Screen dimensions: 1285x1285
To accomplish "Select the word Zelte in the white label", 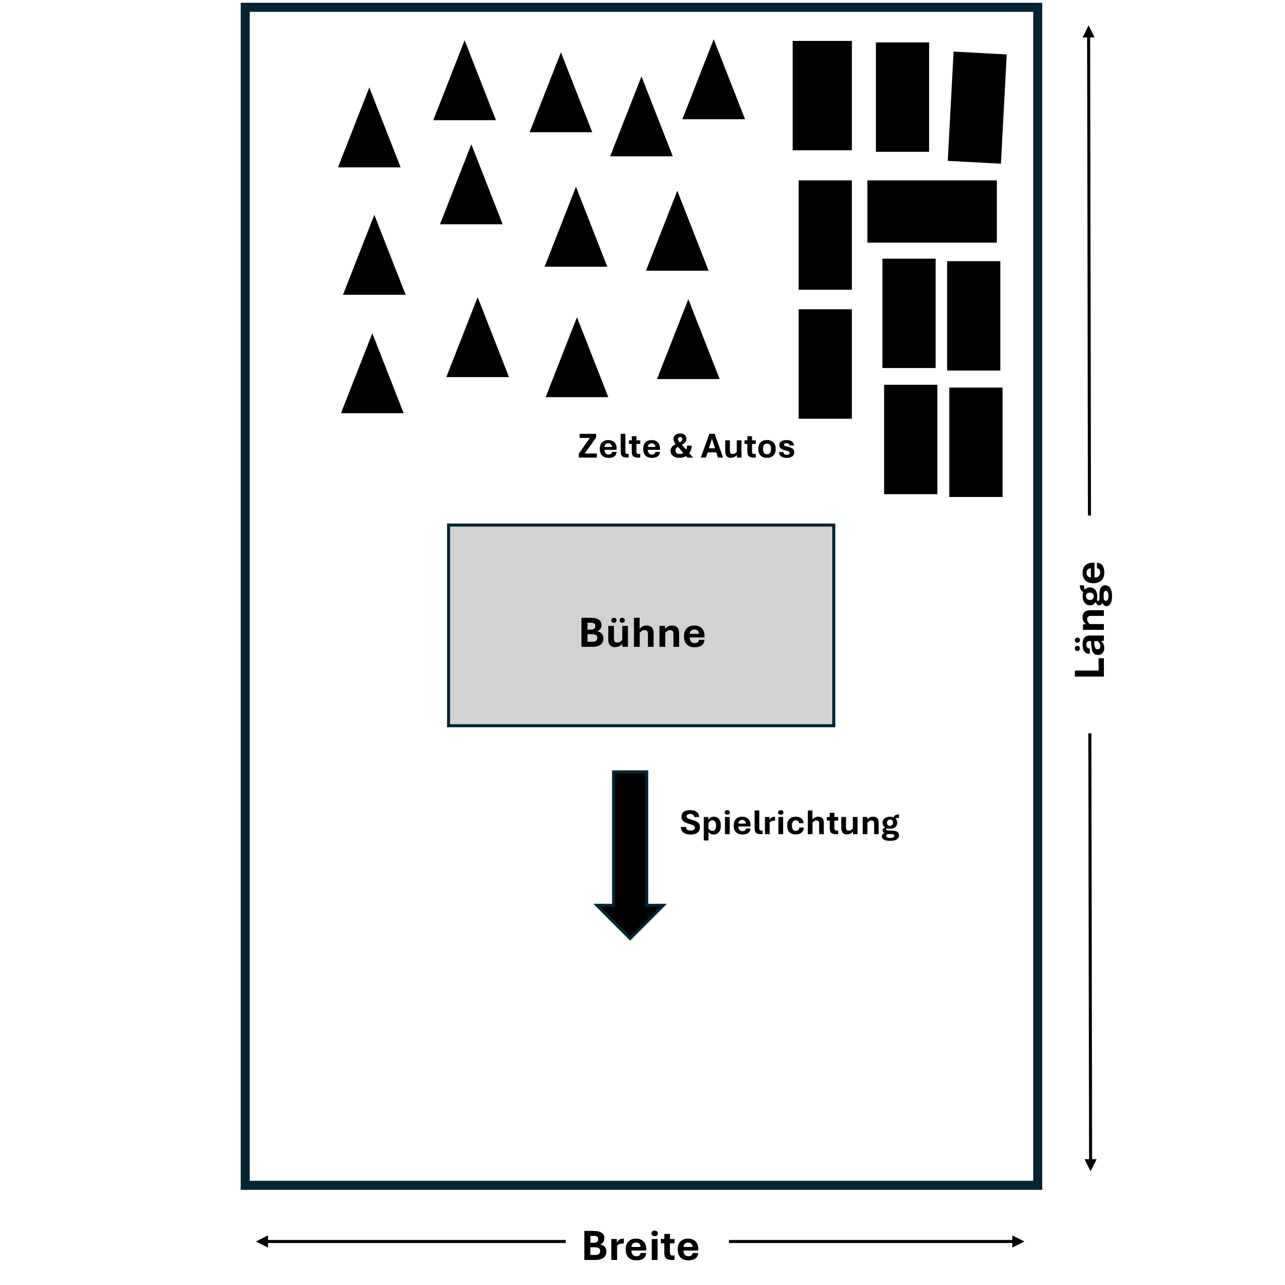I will [x=618, y=446].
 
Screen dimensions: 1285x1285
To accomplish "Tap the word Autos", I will [x=747, y=446].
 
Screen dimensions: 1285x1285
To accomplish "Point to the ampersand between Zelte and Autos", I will [x=681, y=446].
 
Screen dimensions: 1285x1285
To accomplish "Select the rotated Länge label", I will [x=1091, y=620].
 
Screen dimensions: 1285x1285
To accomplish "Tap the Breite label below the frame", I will [x=641, y=1246].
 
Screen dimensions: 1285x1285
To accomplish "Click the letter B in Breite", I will [x=595, y=1246].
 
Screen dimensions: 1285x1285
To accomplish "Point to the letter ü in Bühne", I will [x=620, y=633].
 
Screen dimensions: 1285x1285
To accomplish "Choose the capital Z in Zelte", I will [x=589, y=446].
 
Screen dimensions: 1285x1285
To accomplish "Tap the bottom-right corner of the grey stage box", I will [x=833, y=724].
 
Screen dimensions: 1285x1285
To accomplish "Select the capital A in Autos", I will [x=713, y=446].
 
